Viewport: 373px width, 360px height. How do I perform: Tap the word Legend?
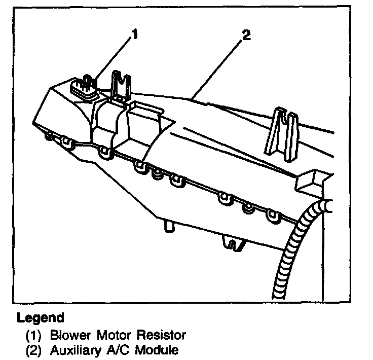pos(41,318)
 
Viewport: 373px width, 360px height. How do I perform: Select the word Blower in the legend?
pos(66,335)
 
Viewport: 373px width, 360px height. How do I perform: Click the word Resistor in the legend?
pos(162,335)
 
